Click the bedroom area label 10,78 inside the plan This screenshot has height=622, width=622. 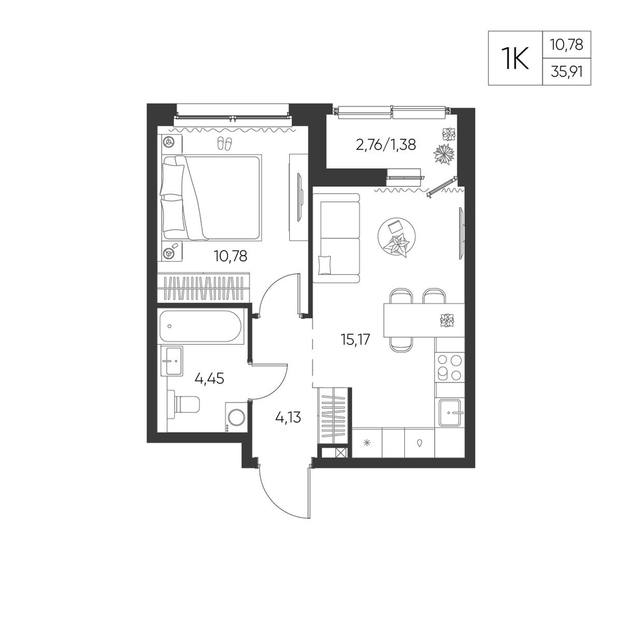(231, 256)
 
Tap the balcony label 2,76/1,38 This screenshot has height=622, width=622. (386, 145)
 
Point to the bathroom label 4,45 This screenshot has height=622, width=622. (209, 378)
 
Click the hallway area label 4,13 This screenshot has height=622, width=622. (288, 417)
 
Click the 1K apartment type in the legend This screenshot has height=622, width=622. (515, 58)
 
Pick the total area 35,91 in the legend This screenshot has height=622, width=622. (566, 72)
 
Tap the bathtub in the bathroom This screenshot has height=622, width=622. (200, 327)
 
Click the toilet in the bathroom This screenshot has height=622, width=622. (183, 404)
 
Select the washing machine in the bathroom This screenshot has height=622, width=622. (236, 417)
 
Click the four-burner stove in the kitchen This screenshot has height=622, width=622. (449, 368)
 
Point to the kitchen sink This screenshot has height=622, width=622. (451, 412)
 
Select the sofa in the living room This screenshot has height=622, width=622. (337, 238)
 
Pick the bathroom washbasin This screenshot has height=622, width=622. (172, 361)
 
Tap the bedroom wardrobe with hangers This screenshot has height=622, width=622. (203, 287)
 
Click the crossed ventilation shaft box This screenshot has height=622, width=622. (340, 453)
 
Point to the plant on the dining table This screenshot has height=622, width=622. (447, 320)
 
